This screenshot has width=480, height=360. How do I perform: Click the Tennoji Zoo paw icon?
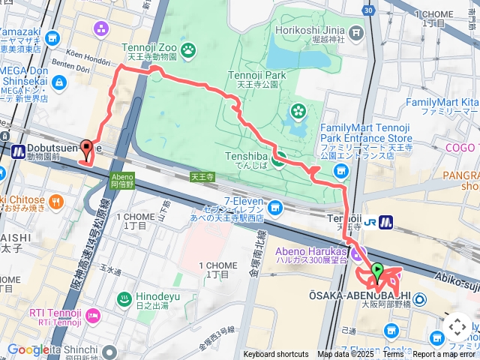pyautogui.click(x=187, y=50)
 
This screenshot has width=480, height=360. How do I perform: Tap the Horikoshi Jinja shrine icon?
pyautogui.click(x=355, y=32)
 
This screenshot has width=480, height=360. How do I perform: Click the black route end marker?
pyautogui.click(x=86, y=149)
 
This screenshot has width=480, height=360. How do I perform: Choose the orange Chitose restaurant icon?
pyautogui.click(x=56, y=200)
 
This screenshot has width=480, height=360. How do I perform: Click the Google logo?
pyautogui.click(x=28, y=349)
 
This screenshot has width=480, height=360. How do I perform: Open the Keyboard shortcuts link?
pyautogui.click(x=275, y=355)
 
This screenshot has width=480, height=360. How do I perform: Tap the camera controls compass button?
pyautogui.click(x=457, y=327)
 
